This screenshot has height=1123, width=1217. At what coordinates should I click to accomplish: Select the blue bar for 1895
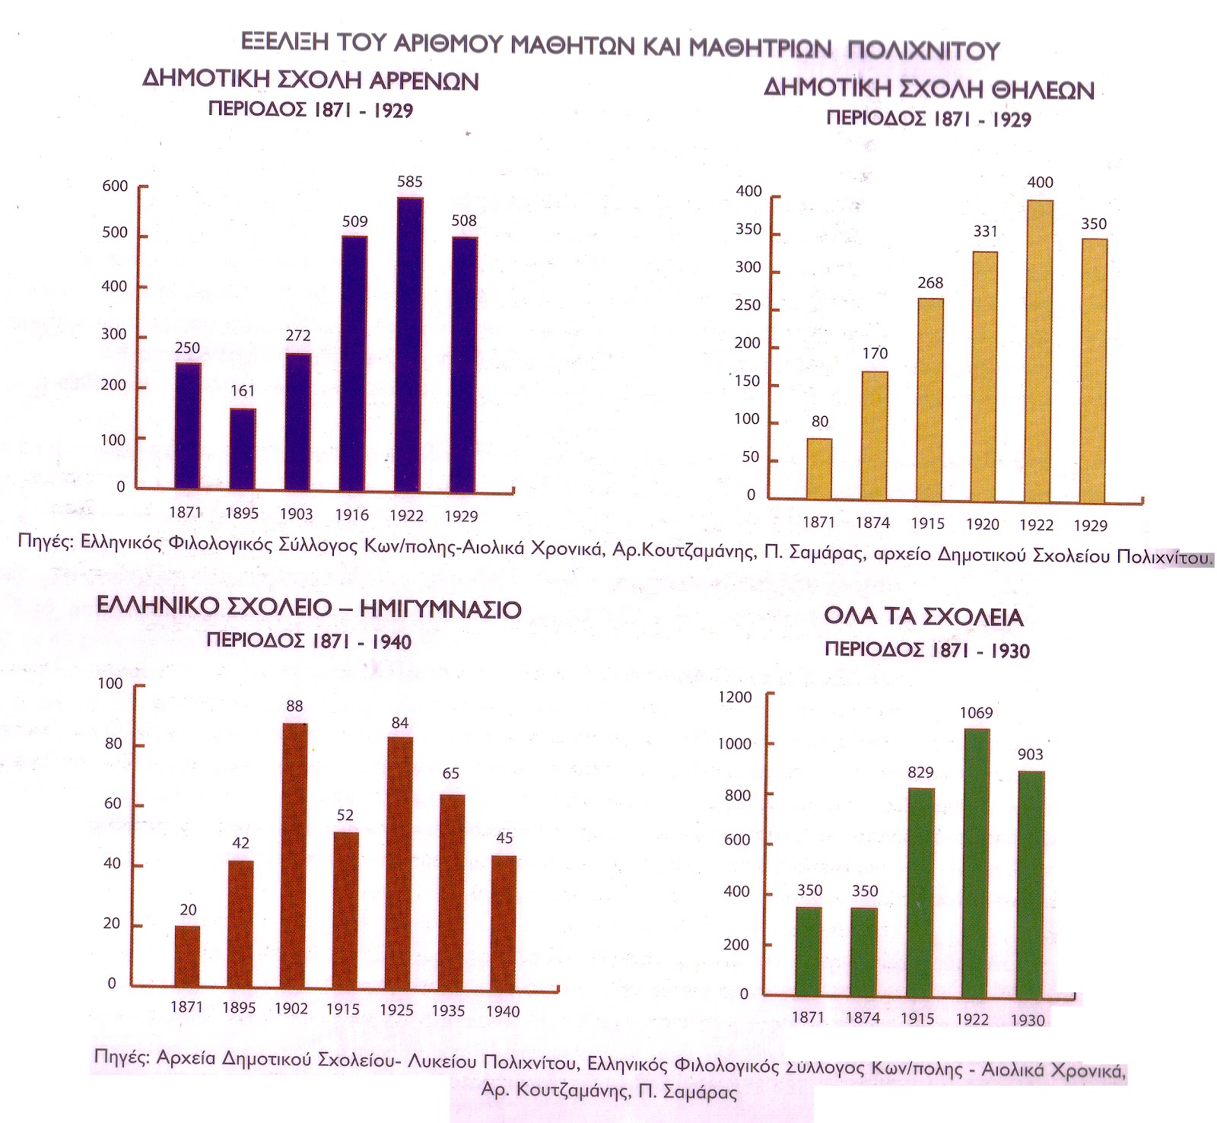[243, 448]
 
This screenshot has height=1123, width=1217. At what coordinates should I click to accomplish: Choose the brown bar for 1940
[504, 921]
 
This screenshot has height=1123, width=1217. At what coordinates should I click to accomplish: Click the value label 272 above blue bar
[298, 336]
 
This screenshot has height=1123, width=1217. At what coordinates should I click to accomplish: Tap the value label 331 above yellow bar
[985, 231]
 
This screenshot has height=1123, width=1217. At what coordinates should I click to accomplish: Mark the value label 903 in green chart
[1031, 755]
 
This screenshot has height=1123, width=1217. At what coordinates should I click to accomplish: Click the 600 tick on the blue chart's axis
[115, 186]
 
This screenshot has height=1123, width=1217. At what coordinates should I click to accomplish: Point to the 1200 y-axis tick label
[735, 697]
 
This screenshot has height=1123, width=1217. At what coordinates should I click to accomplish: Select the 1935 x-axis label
[448, 1010]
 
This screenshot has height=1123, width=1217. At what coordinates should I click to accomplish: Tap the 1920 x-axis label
[982, 524]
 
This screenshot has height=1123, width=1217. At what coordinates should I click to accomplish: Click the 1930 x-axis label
[1028, 1020]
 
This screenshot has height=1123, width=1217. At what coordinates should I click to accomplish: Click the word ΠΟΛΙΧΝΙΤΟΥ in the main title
[923, 50]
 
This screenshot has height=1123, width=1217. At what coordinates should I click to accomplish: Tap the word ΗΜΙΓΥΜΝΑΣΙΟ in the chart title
[440, 609]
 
